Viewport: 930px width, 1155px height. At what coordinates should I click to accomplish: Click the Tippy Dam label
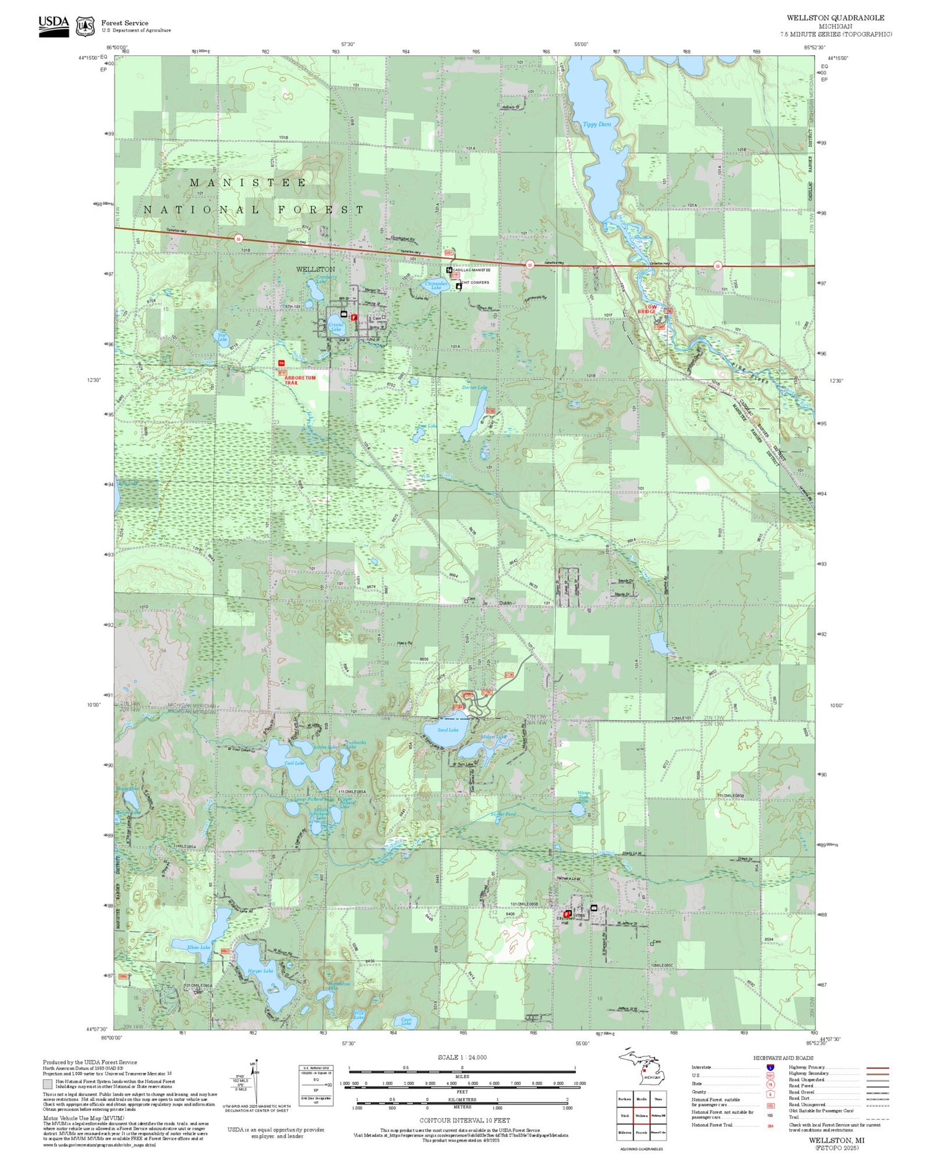[596, 124]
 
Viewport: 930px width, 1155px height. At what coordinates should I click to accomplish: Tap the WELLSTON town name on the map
[315, 269]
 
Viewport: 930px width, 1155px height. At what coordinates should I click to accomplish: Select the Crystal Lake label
[335, 327]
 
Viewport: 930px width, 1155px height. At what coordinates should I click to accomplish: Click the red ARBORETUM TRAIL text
[300, 380]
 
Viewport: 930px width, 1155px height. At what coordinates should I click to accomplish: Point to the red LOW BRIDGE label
[650, 309]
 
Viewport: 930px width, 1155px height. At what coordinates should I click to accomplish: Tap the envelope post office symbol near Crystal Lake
[343, 314]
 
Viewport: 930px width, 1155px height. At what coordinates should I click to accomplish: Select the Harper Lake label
[260, 971]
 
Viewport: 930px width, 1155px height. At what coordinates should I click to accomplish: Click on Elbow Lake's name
[199, 947]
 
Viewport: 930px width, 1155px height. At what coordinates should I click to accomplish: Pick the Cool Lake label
[294, 763]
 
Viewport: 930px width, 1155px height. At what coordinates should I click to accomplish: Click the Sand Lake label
[448, 730]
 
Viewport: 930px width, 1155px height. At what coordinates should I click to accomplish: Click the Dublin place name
[506, 602]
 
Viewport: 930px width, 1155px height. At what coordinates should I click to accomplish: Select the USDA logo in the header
[53, 26]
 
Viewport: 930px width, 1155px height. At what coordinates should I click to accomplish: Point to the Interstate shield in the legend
[770, 1068]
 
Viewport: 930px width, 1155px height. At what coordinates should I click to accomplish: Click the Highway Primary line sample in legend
[875, 1068]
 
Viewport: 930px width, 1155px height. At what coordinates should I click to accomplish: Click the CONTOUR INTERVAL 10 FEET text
[464, 1120]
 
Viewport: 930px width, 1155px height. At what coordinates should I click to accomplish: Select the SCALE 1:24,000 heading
[462, 1057]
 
